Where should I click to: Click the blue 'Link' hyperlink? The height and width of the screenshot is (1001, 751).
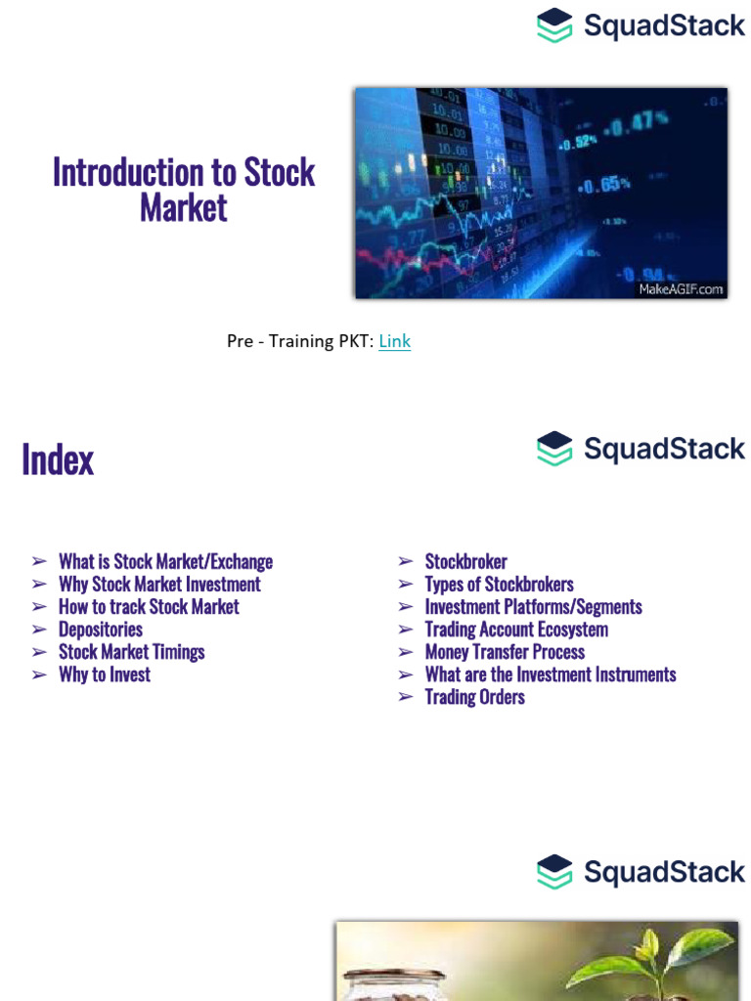[394, 341]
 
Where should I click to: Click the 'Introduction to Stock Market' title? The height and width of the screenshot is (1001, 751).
[184, 190]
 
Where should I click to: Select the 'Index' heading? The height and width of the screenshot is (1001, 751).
[58, 458]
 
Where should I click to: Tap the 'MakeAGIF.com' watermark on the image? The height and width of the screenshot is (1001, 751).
[681, 288]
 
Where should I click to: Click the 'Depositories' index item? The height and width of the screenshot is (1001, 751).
[101, 630]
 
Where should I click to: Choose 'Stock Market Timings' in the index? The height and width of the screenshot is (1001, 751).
[132, 652]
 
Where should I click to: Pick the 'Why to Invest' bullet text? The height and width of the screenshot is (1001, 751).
[105, 675]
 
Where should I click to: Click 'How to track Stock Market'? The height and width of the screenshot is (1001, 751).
[149, 607]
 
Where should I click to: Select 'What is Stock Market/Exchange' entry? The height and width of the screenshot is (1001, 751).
[165, 562]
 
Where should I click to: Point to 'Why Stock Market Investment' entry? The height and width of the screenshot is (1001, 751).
[159, 585]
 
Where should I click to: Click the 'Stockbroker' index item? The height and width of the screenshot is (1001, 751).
[465, 562]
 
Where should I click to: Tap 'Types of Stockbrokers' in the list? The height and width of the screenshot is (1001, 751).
[499, 585]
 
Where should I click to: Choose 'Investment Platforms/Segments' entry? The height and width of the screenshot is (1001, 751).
[533, 607]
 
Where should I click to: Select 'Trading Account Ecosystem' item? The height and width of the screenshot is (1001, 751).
[516, 630]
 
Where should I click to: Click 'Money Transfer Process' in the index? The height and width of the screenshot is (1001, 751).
[505, 652]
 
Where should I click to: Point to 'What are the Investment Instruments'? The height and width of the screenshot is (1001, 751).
[551, 675]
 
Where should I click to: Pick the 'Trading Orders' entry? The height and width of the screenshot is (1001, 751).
[474, 697]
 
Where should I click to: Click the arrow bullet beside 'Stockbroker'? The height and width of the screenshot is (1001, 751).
[405, 562]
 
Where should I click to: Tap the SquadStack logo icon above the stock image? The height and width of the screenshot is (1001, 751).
[554, 25]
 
